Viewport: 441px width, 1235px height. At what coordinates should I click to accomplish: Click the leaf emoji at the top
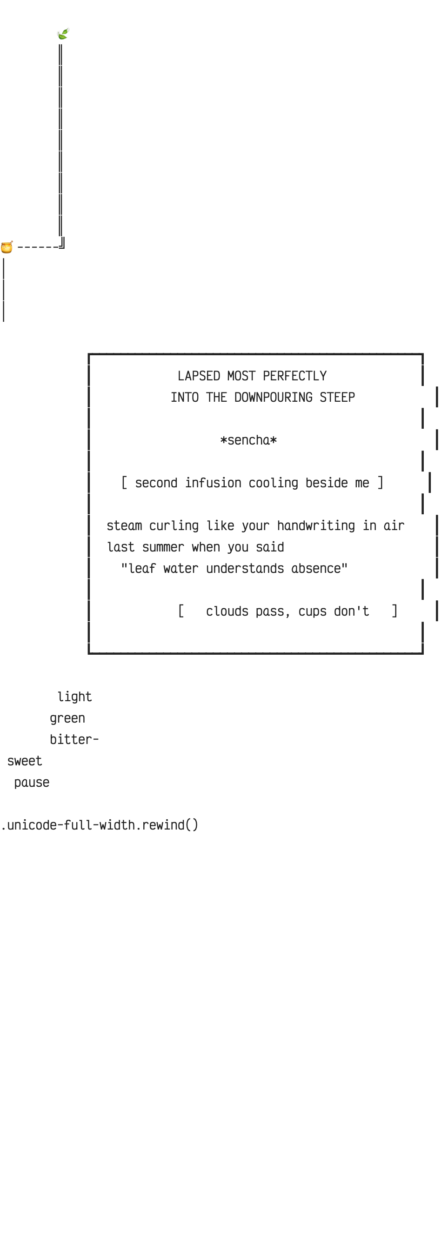click(x=63, y=33)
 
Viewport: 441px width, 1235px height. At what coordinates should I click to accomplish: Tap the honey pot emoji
click(x=7, y=247)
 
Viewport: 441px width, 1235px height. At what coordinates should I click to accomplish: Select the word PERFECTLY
click(x=294, y=376)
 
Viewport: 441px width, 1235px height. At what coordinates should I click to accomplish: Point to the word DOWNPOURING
click(x=273, y=398)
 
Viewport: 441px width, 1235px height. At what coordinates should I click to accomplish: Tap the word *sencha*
click(x=248, y=440)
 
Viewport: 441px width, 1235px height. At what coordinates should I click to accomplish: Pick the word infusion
click(x=213, y=483)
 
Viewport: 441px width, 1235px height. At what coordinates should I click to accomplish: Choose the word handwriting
click(x=316, y=526)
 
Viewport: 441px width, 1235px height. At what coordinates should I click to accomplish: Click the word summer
click(x=163, y=547)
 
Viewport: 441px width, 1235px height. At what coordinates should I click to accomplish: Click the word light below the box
click(x=74, y=697)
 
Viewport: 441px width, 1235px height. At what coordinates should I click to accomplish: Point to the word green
click(x=67, y=718)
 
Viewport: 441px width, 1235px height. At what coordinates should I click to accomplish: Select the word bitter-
click(x=74, y=739)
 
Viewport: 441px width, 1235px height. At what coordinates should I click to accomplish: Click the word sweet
click(x=25, y=761)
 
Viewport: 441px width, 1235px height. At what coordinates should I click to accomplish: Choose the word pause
click(x=32, y=783)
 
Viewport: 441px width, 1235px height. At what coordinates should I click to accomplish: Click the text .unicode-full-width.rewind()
click(x=100, y=825)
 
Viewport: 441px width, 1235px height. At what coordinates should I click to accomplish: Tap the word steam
click(x=124, y=526)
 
